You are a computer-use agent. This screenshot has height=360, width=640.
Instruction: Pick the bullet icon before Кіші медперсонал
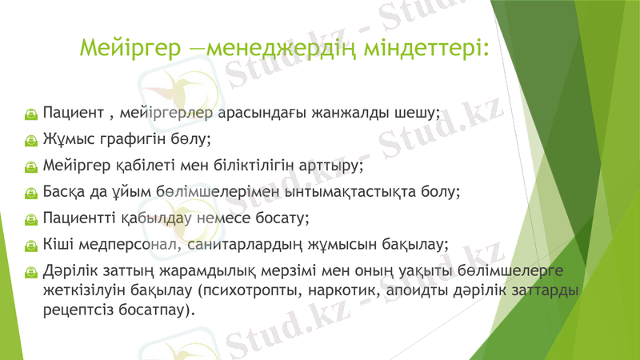point(29,246)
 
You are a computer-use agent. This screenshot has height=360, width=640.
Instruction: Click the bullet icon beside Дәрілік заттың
point(29,272)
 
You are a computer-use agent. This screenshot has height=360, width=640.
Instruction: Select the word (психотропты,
point(246,289)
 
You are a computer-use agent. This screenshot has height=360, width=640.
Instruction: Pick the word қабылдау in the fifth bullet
point(150,218)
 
